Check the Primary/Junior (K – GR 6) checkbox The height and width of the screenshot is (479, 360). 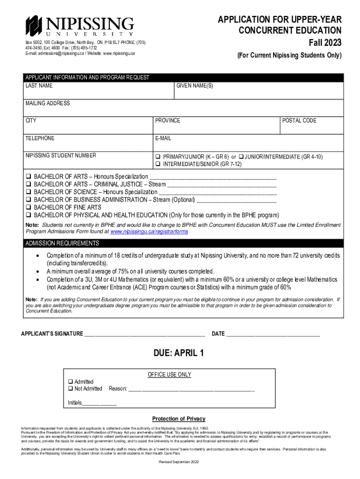click(158, 157)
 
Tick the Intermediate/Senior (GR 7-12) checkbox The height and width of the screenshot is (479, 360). click(158, 164)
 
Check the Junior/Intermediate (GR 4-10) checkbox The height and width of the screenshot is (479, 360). click(241, 157)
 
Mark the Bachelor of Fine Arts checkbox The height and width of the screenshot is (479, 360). click(29, 207)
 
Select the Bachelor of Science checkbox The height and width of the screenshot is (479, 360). click(29, 192)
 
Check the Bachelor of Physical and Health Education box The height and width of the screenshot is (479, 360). click(29, 215)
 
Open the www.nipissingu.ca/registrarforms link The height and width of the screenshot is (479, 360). click(149, 232)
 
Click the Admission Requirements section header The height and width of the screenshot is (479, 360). click(62, 243)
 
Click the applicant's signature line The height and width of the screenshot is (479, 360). click(144, 334)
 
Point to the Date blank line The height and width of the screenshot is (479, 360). click(273, 334)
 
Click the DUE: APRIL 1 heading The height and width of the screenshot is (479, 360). click(179, 353)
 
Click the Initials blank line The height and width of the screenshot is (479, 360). click(99, 403)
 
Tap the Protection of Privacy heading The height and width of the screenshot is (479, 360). click(179, 419)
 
